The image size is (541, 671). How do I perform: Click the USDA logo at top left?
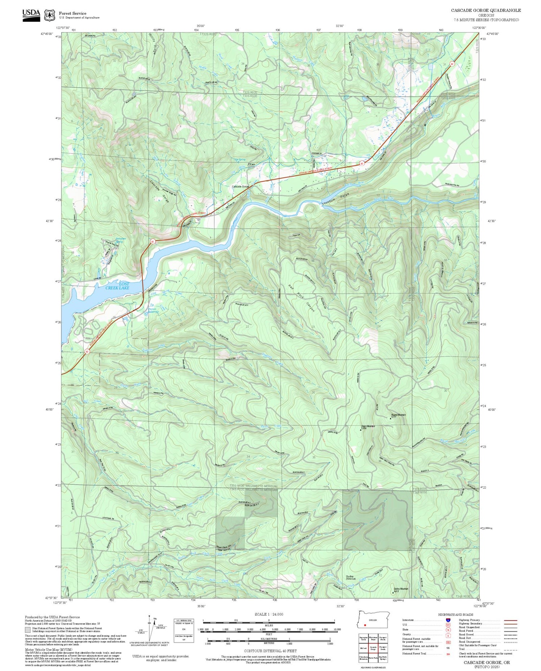(31, 15)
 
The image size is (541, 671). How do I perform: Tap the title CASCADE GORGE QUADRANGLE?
(485, 10)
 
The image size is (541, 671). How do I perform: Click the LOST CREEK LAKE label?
(117, 286)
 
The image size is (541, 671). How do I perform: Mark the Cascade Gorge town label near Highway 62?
(240, 187)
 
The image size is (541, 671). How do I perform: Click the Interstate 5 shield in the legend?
(448, 620)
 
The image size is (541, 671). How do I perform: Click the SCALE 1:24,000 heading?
(269, 614)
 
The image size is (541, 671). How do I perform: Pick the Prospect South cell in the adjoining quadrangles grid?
(383, 648)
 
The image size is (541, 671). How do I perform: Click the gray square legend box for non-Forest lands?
(28, 630)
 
